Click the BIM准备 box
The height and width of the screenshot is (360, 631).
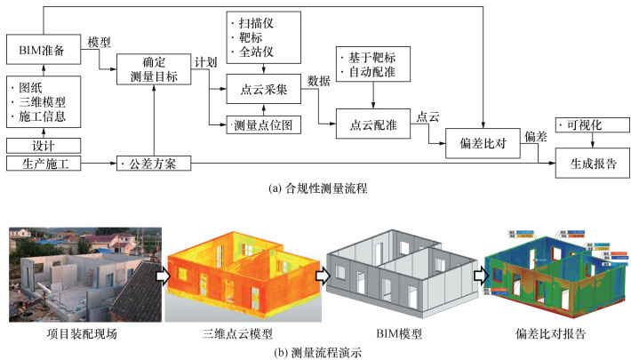[x=44, y=49]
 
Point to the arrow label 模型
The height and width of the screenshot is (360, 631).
[x=100, y=41]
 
